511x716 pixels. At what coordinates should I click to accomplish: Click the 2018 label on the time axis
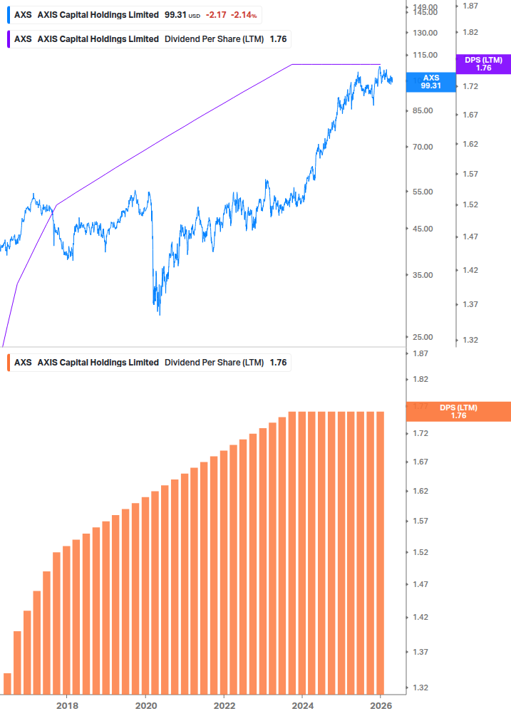pos(67,705)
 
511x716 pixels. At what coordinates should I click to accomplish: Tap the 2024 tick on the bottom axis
pos(303,705)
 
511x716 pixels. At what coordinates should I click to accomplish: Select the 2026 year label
pos(381,705)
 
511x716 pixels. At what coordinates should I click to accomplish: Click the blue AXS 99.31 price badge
pos(431,82)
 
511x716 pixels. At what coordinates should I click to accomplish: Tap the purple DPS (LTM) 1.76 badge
pos(483,64)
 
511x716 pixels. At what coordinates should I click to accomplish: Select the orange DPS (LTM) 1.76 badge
pos(458,412)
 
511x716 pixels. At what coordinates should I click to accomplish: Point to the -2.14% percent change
pos(243,15)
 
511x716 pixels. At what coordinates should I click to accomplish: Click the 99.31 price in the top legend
pos(175,15)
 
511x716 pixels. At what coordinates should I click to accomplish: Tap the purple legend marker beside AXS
pos(8,39)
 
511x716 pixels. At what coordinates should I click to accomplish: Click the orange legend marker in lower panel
pos(8,362)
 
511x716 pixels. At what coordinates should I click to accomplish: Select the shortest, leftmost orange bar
pos(8,683)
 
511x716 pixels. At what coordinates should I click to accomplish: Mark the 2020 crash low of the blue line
pos(159,314)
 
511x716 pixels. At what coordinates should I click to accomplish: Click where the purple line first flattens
pos(293,65)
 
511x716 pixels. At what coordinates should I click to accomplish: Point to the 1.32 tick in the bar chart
pos(420,688)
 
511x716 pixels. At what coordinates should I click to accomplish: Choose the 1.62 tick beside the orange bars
pos(420,491)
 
